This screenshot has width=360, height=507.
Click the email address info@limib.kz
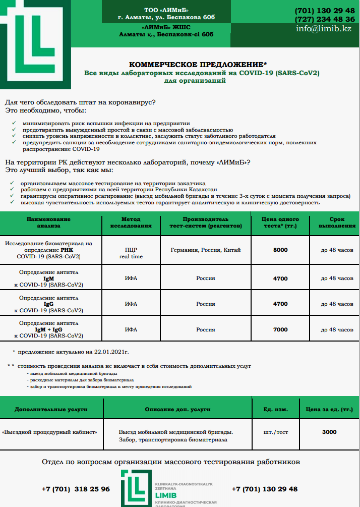click(323, 29)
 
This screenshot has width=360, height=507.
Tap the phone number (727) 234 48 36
click(325, 19)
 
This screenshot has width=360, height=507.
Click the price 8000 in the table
click(280, 250)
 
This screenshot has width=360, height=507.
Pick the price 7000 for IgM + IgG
click(280, 329)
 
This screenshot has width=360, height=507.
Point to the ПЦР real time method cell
click(131, 253)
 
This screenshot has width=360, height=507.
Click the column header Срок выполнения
click(337, 222)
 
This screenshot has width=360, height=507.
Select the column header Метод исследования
click(131, 222)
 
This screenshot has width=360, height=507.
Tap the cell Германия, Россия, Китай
click(206, 250)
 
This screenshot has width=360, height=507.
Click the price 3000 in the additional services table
click(329, 432)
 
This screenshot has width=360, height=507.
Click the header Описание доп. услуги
click(177, 409)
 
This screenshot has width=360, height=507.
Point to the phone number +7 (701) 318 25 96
click(76, 489)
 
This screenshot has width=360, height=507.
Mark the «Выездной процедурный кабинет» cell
click(49, 432)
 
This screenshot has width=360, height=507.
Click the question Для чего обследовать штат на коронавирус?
click(80, 102)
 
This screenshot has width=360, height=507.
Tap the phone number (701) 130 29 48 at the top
click(325, 11)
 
